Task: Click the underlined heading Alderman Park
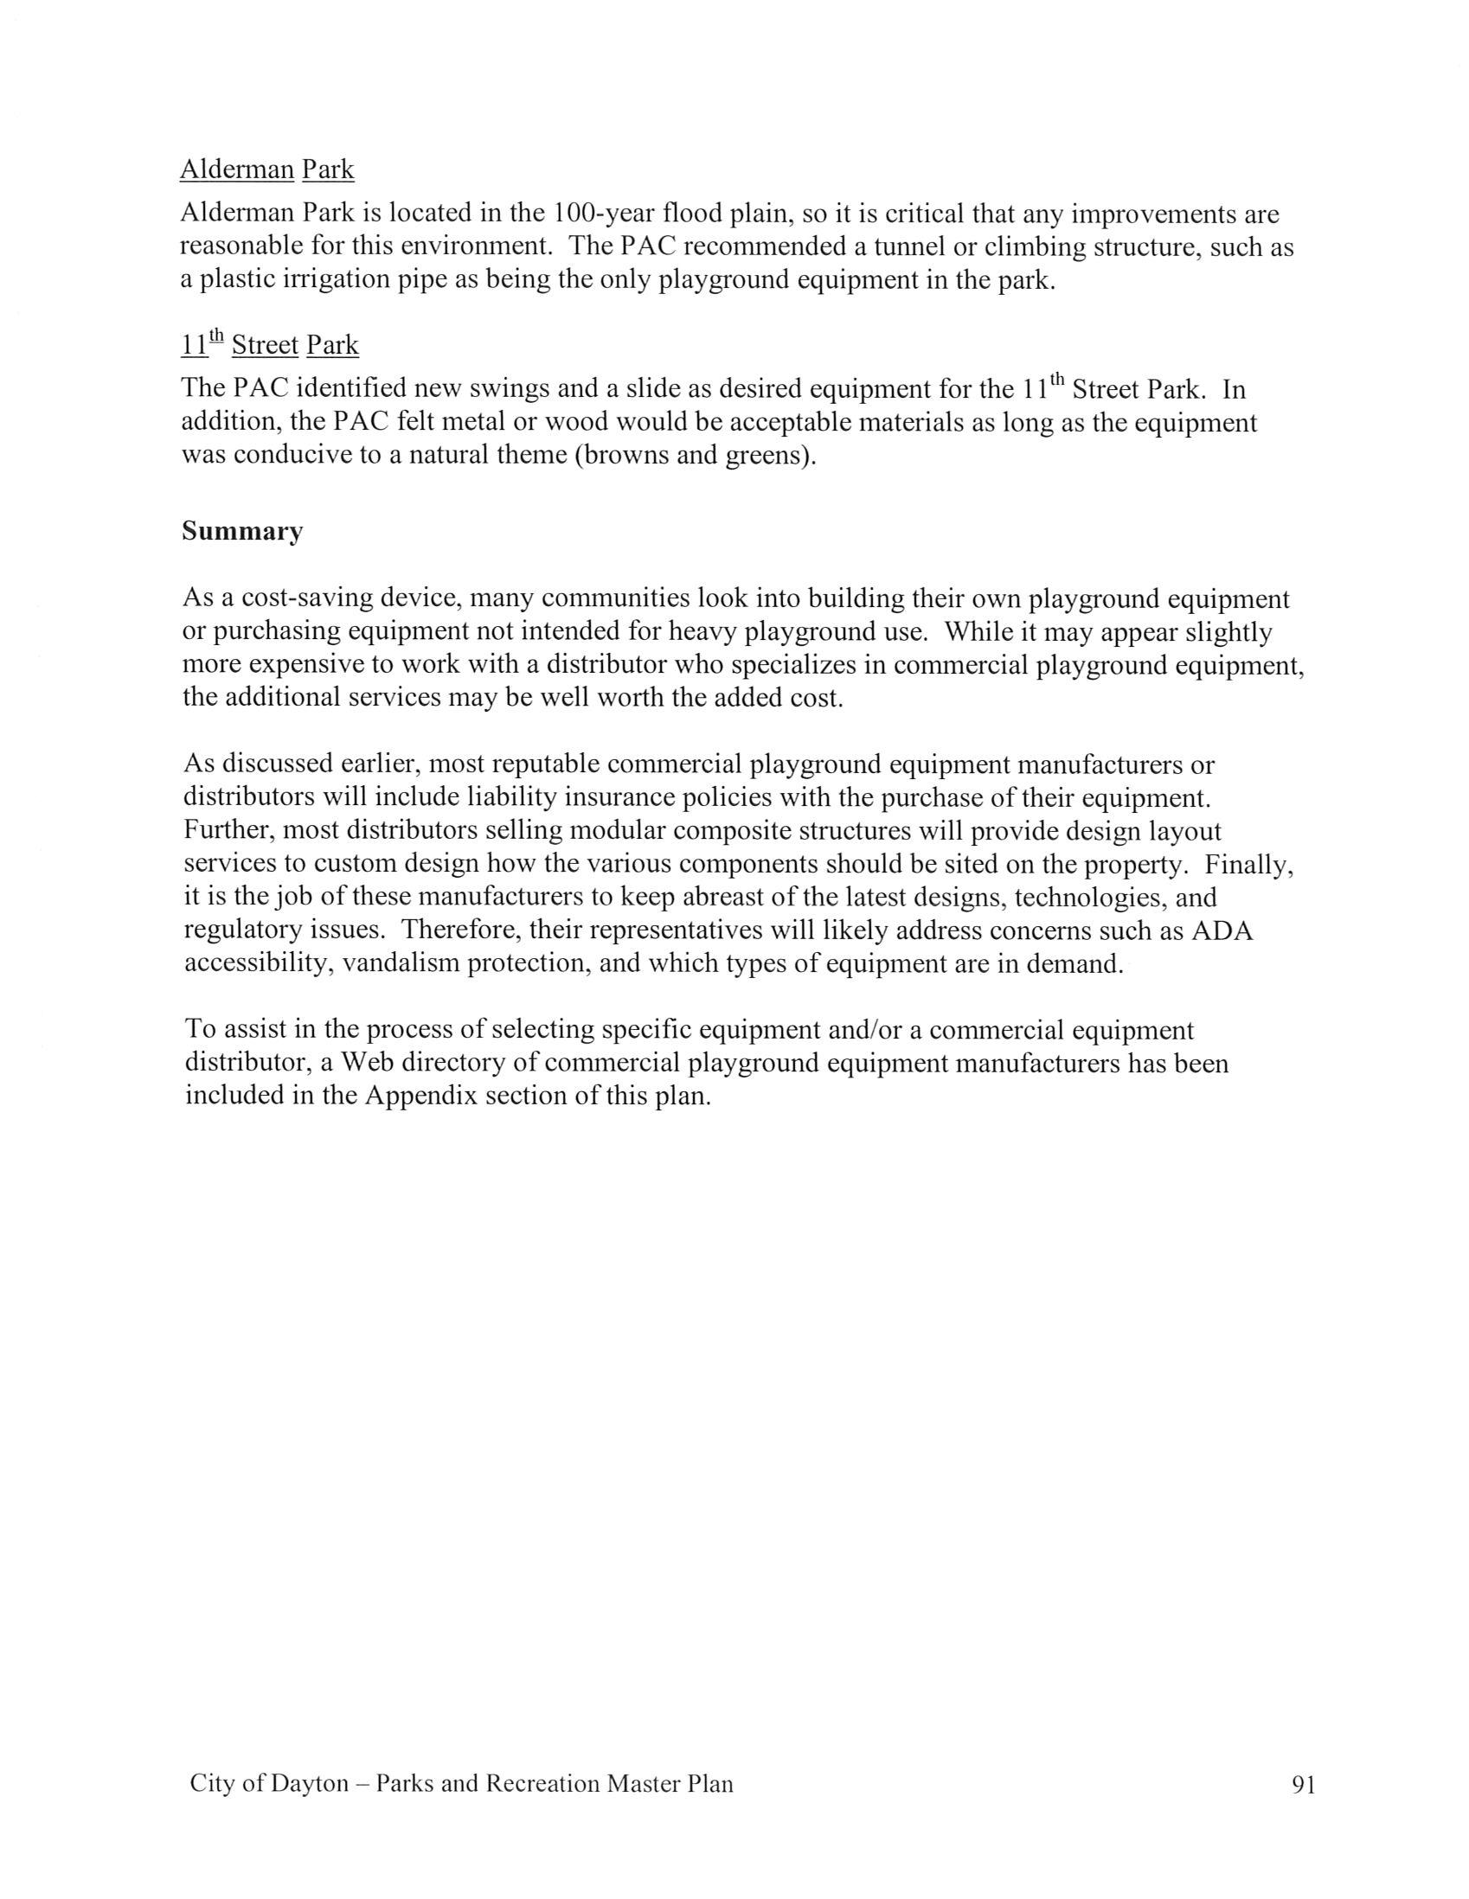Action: click(267, 169)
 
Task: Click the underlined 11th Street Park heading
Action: click(270, 346)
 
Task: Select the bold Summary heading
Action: click(241, 531)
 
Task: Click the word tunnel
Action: click(910, 248)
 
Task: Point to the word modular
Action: click(618, 830)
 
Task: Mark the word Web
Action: click(366, 1064)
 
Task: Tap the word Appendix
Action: click(421, 1096)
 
